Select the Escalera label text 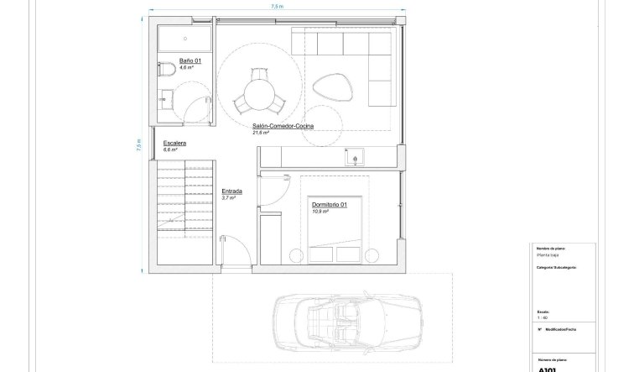point(174,144)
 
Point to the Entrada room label point(231,191)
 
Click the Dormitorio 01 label point(329,205)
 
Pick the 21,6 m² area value point(261,133)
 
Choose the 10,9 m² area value point(320,212)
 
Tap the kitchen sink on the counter point(353,155)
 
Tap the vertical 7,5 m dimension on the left point(139,144)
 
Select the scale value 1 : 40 point(542,317)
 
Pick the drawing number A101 point(547,367)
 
